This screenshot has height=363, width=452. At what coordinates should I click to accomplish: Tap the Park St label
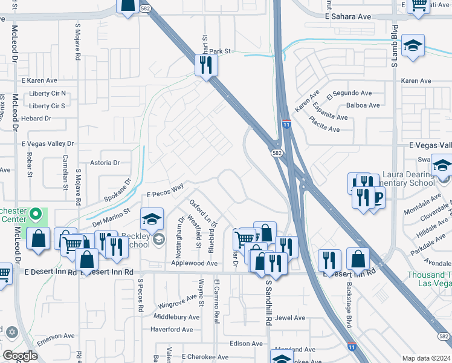point(221,51)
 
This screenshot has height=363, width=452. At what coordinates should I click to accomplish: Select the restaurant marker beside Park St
point(206,64)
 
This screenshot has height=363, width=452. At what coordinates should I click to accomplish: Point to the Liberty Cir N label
point(47,94)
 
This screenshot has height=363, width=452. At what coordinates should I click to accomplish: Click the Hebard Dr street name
point(36,119)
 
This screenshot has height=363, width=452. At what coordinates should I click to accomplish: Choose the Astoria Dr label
point(105,163)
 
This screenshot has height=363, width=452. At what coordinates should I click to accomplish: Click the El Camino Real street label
point(215,293)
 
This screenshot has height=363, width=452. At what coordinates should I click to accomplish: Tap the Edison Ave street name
point(246,344)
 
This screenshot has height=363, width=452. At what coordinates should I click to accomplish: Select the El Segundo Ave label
point(349,93)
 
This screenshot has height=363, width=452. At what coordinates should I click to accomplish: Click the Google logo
point(20,356)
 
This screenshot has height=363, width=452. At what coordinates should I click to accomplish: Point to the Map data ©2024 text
point(426,358)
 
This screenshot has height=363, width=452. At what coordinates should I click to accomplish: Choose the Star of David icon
point(11,332)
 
